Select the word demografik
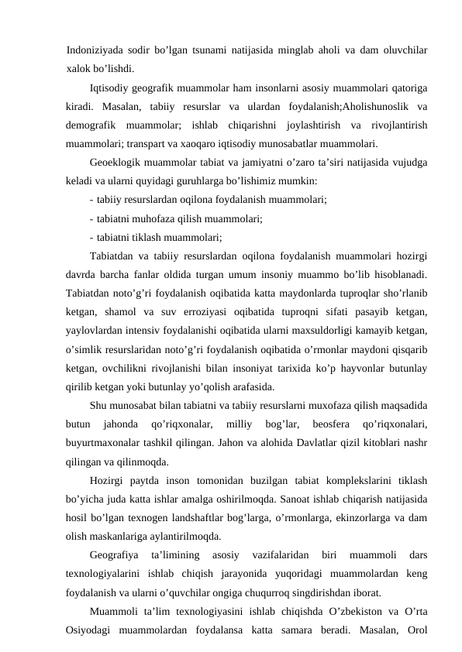pos(92,125)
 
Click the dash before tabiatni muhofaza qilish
pos(92,219)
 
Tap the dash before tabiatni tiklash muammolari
pos(92,238)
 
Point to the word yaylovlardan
pos(97,331)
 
